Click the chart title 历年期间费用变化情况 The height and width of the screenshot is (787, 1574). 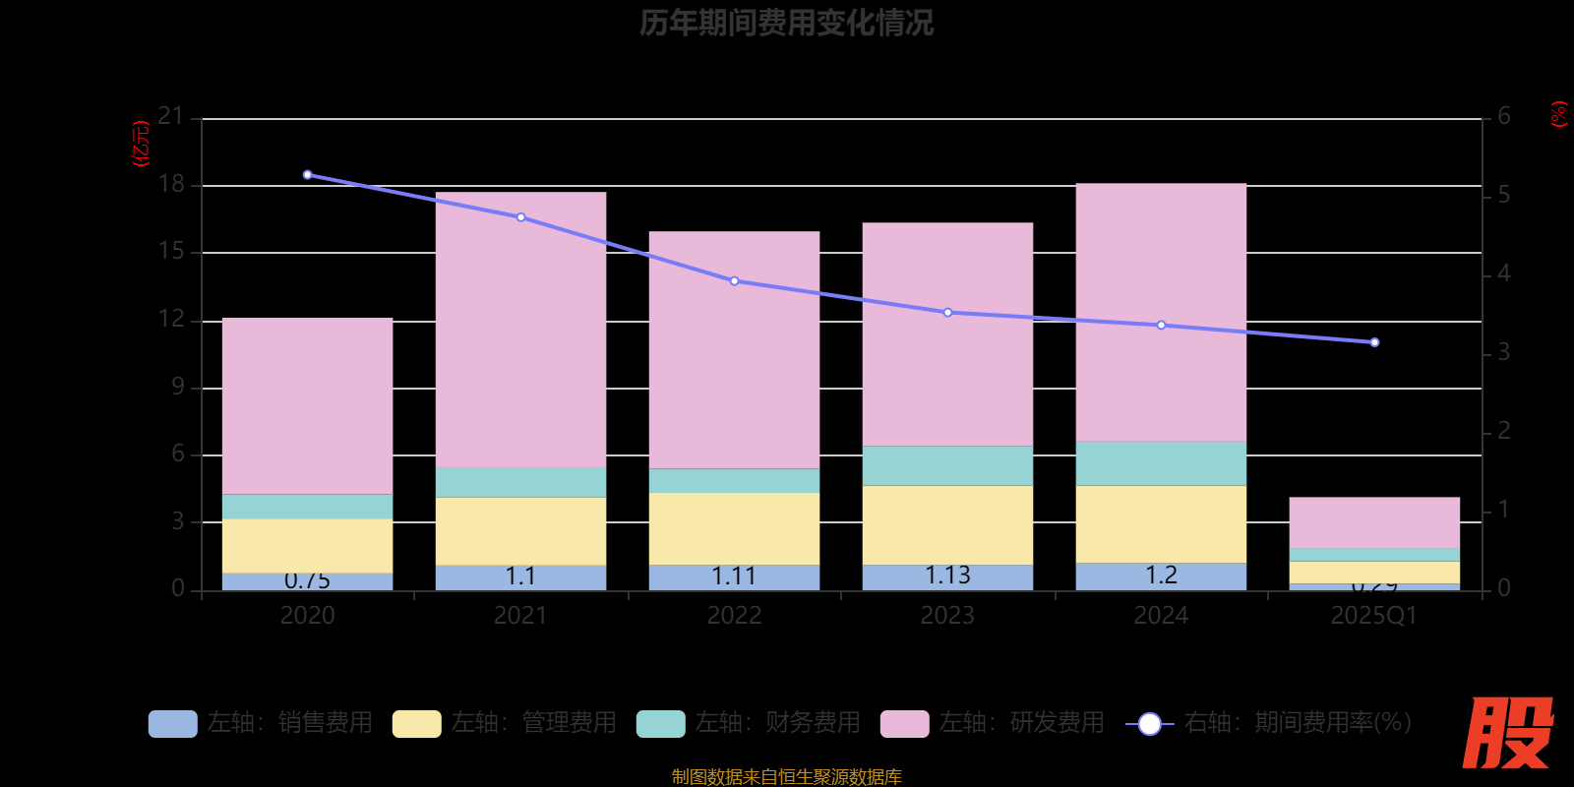click(786, 23)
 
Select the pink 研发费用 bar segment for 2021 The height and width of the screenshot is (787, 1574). click(520, 330)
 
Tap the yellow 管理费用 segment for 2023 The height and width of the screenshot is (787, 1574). click(947, 524)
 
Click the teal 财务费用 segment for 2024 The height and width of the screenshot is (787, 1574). click(1161, 463)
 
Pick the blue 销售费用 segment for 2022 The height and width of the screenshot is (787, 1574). click(734, 577)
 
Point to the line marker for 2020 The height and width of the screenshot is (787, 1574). click(308, 175)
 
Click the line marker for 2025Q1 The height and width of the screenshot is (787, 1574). click(1374, 342)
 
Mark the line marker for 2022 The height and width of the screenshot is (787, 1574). click(734, 281)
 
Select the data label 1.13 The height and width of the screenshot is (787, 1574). click(947, 575)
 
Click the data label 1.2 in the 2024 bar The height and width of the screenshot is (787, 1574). click(1161, 575)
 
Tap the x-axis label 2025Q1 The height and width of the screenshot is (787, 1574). click(1373, 616)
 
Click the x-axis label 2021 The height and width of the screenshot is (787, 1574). click(520, 616)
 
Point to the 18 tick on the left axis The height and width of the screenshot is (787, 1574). click(172, 184)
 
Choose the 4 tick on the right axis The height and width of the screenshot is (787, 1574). click(1503, 273)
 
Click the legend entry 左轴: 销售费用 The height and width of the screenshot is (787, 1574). click(261, 723)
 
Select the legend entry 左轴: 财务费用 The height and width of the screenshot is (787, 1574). click(749, 723)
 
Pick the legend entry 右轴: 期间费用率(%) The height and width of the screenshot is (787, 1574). click(1269, 723)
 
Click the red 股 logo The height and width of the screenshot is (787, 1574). click(1507, 733)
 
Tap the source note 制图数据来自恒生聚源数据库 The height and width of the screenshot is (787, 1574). click(786, 777)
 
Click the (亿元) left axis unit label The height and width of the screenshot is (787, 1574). click(141, 144)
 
